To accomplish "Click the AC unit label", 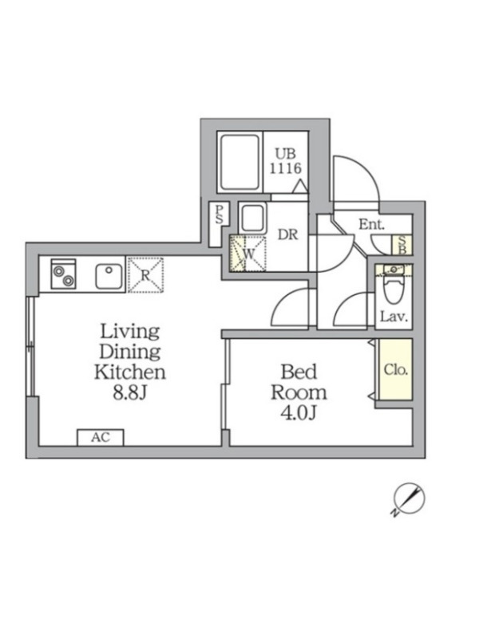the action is (x=101, y=437).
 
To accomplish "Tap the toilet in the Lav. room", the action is (x=394, y=289).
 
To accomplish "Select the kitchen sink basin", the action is (x=109, y=276).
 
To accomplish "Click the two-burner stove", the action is (x=63, y=274).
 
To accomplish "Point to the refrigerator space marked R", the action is (x=145, y=274).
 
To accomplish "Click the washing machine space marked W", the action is (x=247, y=254).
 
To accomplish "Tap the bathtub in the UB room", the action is (x=239, y=163).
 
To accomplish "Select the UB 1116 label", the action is (x=286, y=161).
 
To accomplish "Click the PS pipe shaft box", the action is (x=219, y=224).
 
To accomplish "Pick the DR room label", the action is (x=288, y=234).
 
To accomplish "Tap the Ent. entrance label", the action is (x=371, y=224).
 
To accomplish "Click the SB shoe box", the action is (x=402, y=246).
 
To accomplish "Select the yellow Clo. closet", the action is (x=395, y=369).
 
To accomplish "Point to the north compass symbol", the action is (x=409, y=499).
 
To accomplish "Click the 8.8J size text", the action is (x=129, y=393).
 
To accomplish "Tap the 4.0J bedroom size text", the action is (x=299, y=412).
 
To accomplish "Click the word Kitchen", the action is (x=130, y=372).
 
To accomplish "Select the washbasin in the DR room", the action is (x=252, y=219).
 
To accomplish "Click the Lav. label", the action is (x=394, y=316).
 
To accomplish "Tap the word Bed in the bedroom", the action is (x=299, y=372).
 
